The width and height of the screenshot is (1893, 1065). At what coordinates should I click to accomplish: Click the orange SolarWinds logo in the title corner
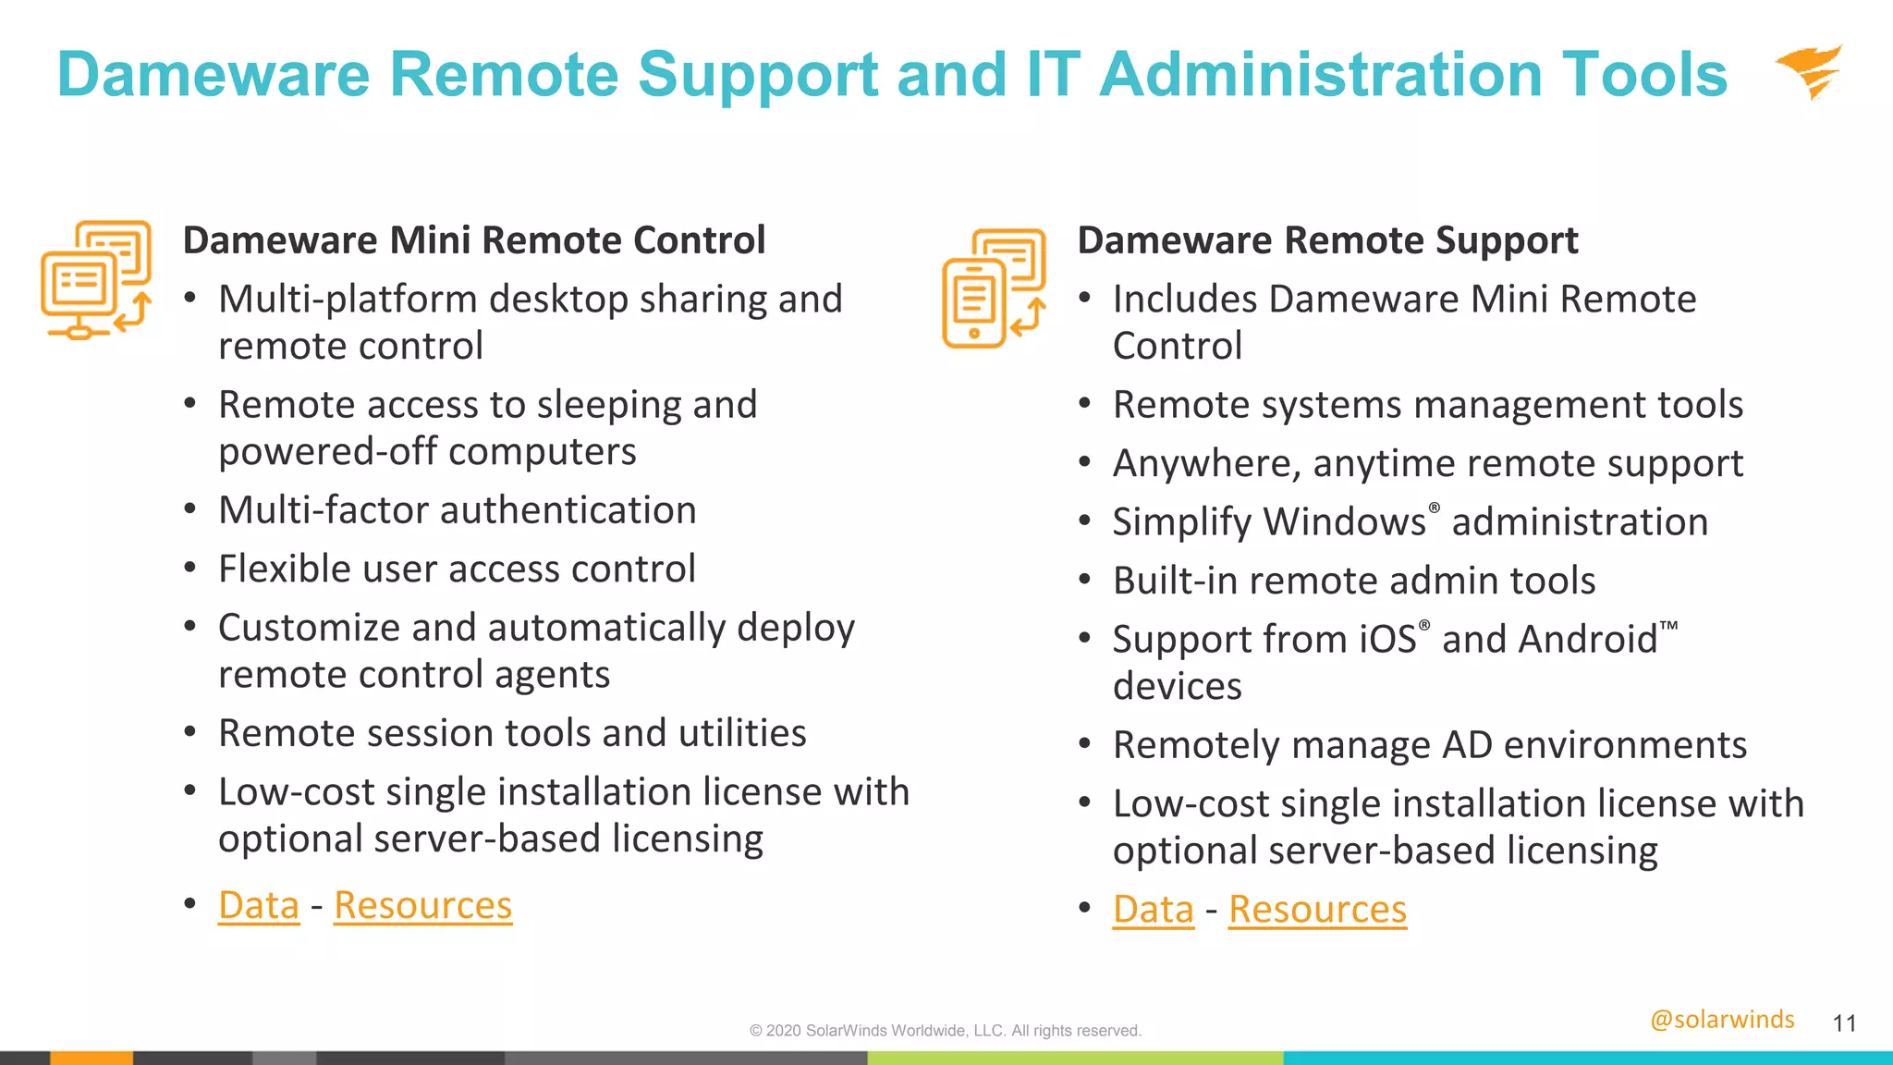[x=1810, y=71]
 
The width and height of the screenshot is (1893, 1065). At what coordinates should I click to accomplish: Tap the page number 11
[x=1844, y=1023]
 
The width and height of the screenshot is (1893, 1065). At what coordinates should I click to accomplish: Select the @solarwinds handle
[x=1722, y=1019]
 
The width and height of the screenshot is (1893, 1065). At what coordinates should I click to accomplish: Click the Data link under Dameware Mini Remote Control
[x=259, y=905]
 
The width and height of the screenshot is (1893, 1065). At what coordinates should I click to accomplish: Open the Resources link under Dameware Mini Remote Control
[x=422, y=905]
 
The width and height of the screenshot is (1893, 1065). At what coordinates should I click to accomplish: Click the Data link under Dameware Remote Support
[x=1153, y=909]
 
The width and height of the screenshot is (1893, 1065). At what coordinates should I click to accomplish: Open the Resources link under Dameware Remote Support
[x=1317, y=909]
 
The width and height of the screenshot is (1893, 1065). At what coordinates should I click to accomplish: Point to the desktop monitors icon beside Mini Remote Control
[x=96, y=279]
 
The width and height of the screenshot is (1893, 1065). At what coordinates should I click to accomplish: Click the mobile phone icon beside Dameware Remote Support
[x=994, y=288]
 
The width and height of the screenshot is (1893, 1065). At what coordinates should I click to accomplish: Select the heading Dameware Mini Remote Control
[x=474, y=240]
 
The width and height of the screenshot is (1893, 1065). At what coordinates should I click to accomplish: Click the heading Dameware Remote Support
[x=1327, y=240]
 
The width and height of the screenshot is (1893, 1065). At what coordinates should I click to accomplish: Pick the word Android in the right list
[x=1587, y=639]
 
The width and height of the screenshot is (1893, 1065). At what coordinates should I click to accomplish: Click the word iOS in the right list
[x=1387, y=639]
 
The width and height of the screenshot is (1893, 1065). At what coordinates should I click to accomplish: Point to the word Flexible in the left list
[x=284, y=569]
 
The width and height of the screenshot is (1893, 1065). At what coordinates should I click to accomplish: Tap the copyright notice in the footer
[x=946, y=1031]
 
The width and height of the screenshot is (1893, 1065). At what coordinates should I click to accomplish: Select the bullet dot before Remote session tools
[x=189, y=732]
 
